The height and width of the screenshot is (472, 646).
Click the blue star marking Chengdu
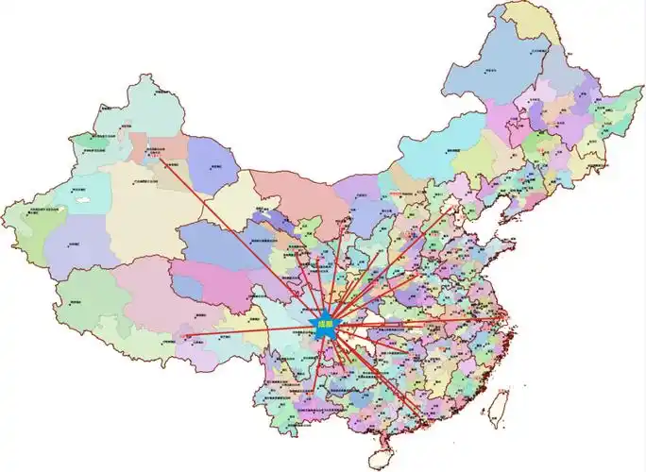(x=326, y=325)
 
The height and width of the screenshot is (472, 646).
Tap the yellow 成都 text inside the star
(x=326, y=325)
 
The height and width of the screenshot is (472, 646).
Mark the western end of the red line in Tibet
(x=186, y=336)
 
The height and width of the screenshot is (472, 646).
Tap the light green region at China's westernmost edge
(x=24, y=227)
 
